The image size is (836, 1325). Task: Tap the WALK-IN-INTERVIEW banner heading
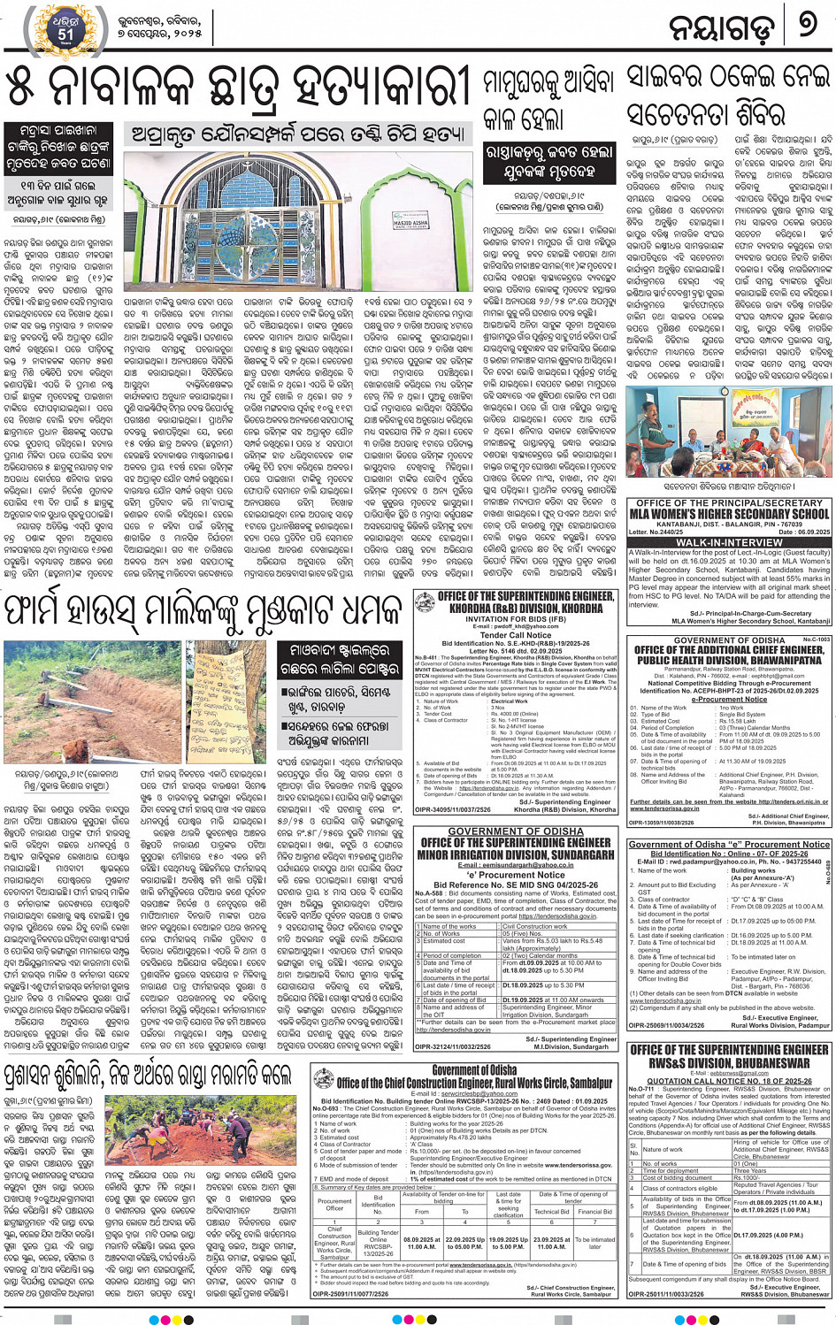(729, 542)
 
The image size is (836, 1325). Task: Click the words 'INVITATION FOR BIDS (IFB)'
(515, 618)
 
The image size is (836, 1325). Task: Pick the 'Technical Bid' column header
(551, 1212)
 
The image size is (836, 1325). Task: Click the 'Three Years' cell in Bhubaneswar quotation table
(749, 1170)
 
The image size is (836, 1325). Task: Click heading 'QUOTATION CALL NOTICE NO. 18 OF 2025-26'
(729, 1080)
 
